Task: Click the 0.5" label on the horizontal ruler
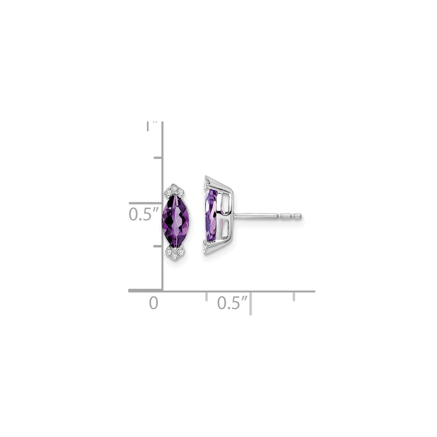[x=233, y=302]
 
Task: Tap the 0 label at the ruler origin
[x=154, y=302]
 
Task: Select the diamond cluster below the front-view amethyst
[x=175, y=253]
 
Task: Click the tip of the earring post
[x=300, y=216]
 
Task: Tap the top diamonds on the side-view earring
[x=206, y=182]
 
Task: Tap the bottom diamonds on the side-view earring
[x=206, y=247]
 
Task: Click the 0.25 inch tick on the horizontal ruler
[x=206, y=296]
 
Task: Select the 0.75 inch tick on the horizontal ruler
[x=294, y=296]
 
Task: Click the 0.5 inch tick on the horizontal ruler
[x=251, y=302]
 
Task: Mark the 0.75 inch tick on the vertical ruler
[x=158, y=158]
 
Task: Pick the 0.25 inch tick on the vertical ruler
[x=158, y=246]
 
